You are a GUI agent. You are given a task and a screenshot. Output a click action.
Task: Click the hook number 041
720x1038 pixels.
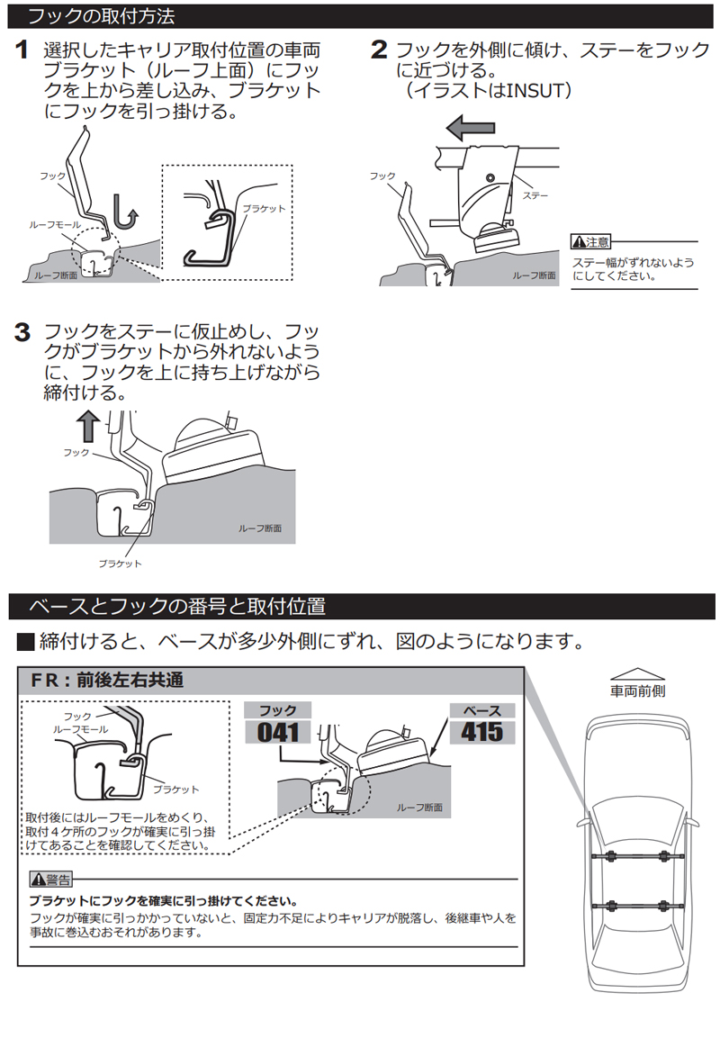[278, 732]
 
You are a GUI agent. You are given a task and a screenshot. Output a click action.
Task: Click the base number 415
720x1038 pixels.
[481, 732]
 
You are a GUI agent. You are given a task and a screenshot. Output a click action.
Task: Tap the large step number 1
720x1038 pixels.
[22, 50]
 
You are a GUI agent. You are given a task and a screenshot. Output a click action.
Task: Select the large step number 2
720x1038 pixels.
[379, 50]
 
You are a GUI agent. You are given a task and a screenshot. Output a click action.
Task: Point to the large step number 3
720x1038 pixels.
[22, 331]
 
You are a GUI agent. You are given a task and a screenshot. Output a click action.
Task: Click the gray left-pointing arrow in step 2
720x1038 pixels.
[470, 126]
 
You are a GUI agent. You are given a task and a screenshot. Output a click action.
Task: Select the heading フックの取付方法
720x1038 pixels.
[101, 16]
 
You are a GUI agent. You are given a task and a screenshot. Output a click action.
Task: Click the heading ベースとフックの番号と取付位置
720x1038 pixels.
[177, 606]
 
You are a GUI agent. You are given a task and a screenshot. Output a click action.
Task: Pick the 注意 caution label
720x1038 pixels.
[591, 242]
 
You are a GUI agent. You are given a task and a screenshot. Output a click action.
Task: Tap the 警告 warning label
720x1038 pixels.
[51, 880]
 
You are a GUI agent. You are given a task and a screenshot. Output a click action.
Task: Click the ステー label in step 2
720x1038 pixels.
[535, 195]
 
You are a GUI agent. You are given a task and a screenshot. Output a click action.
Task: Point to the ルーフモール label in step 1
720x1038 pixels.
[55, 225]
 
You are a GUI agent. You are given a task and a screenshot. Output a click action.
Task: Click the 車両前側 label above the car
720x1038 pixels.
[637, 691]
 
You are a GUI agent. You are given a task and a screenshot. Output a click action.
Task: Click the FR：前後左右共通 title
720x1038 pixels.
[107, 680]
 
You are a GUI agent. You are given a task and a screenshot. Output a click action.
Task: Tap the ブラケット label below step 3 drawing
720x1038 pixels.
[120, 564]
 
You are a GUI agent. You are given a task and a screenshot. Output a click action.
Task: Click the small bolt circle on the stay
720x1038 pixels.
[490, 178]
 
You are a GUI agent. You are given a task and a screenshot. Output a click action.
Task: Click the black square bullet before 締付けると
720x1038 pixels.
[25, 642]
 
